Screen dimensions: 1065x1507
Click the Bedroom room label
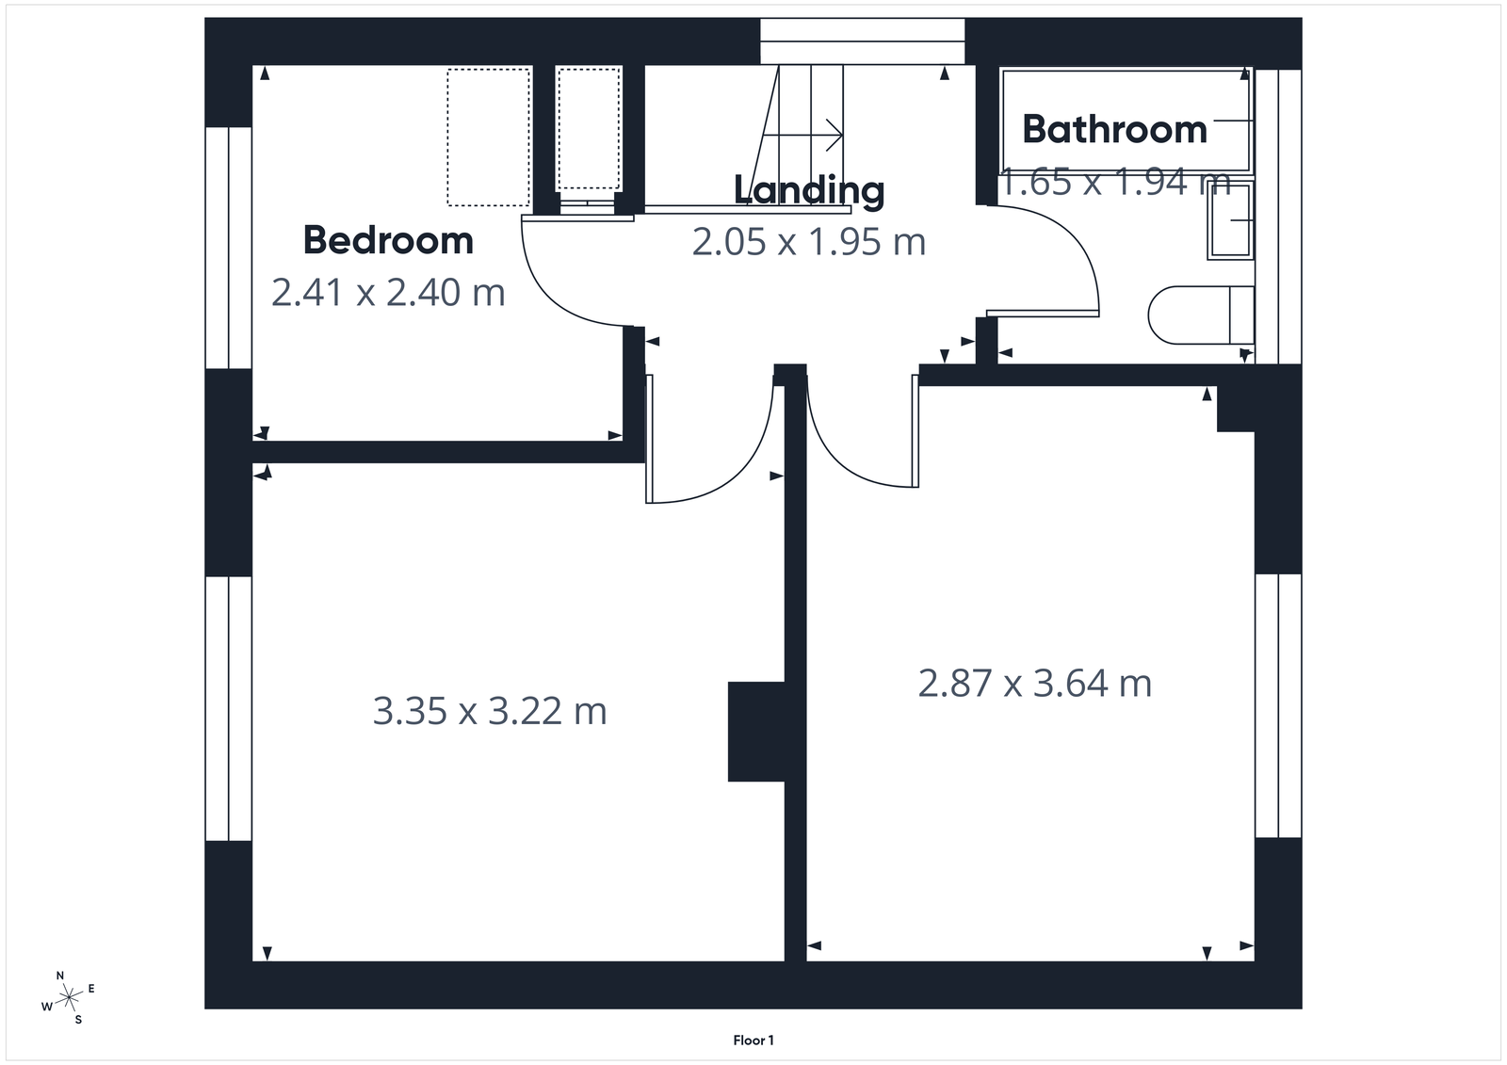click(x=388, y=241)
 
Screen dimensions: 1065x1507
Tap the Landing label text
click(x=809, y=190)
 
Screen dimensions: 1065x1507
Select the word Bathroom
click(x=1114, y=130)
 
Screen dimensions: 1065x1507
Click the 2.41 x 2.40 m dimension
click(x=388, y=293)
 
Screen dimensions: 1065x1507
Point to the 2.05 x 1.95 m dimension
click(x=809, y=243)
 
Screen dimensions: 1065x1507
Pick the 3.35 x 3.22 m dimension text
click(x=490, y=711)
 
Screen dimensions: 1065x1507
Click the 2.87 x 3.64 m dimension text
click(x=1034, y=684)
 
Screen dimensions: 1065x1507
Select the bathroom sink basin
click(x=1231, y=220)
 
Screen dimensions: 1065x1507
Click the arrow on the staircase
click(x=833, y=134)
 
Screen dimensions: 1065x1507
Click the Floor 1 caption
click(x=753, y=1041)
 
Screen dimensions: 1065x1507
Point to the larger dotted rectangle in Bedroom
click(x=488, y=137)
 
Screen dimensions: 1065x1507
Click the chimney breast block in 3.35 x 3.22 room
click(x=755, y=732)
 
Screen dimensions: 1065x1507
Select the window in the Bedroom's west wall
click(x=229, y=247)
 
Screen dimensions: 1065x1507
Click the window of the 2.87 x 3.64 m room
click(x=1278, y=704)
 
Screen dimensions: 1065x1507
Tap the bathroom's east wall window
click(x=1278, y=217)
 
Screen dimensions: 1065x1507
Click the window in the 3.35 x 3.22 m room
click(x=229, y=708)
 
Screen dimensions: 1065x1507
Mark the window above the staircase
click(x=862, y=42)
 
